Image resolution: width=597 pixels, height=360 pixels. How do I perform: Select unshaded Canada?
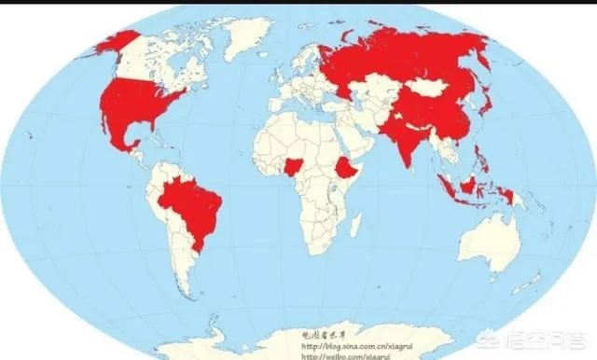[168, 56]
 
